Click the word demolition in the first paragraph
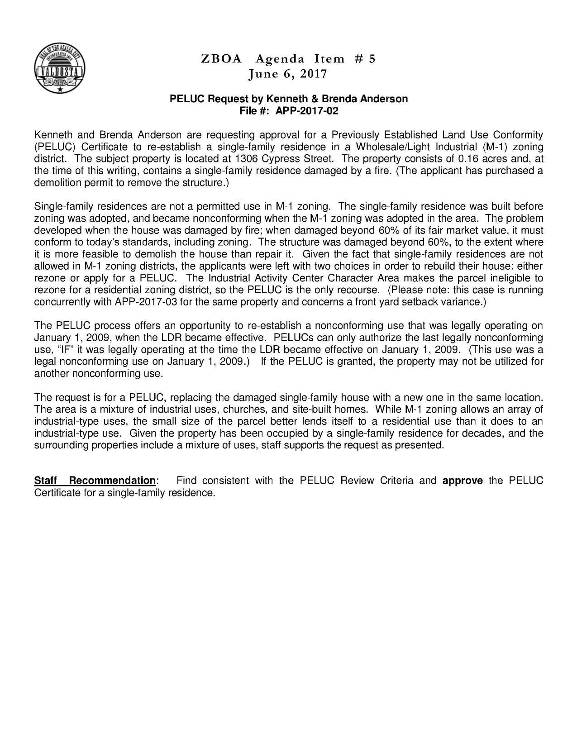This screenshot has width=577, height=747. pos(57,183)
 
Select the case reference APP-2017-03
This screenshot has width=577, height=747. pos(146,302)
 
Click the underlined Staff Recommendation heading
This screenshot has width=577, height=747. pos(95,481)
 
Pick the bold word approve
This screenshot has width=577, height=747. pos(463,481)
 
